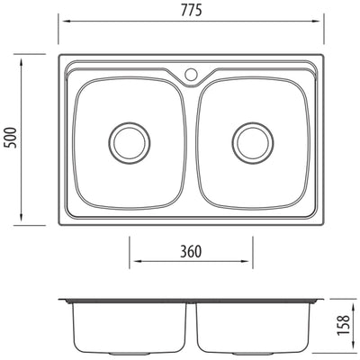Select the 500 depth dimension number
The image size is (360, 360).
(x=10, y=138)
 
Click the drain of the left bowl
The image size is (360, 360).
(x=129, y=141)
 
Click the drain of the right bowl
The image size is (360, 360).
(x=251, y=141)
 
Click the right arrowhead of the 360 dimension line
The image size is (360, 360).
(x=249, y=264)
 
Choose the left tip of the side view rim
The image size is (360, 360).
(x=62, y=300)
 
